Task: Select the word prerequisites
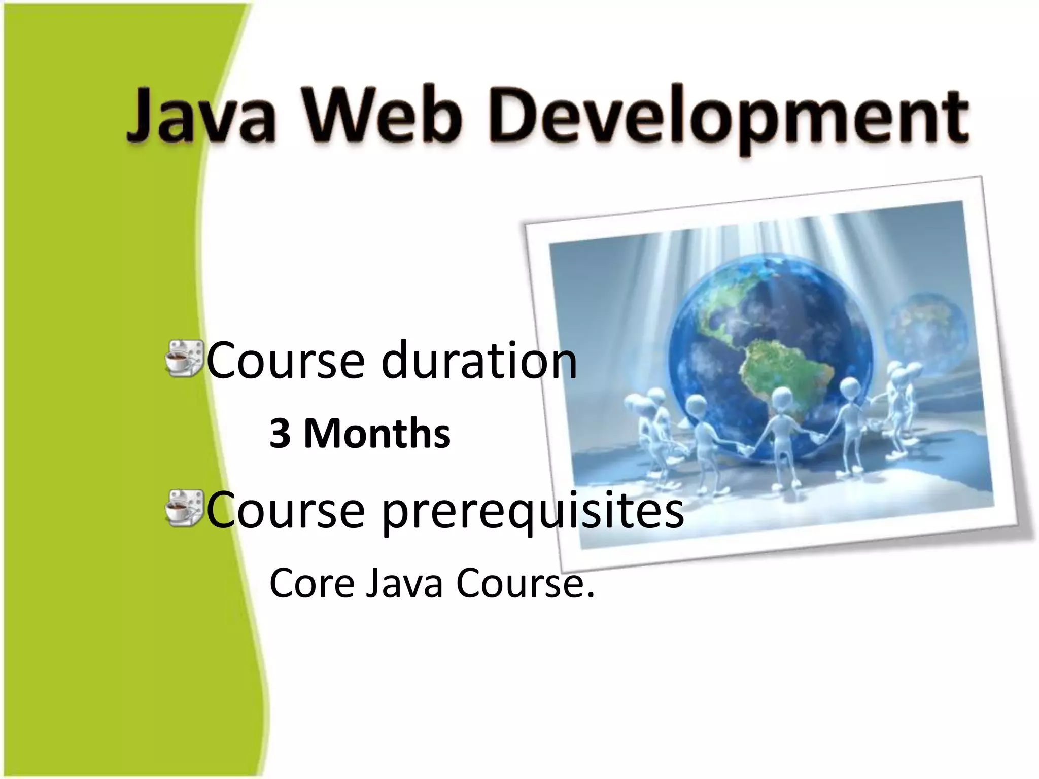tap(533, 511)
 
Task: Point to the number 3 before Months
tap(280, 434)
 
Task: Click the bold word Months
tap(376, 434)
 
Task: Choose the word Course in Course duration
tap(286, 360)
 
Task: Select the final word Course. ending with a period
tap(525, 583)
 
